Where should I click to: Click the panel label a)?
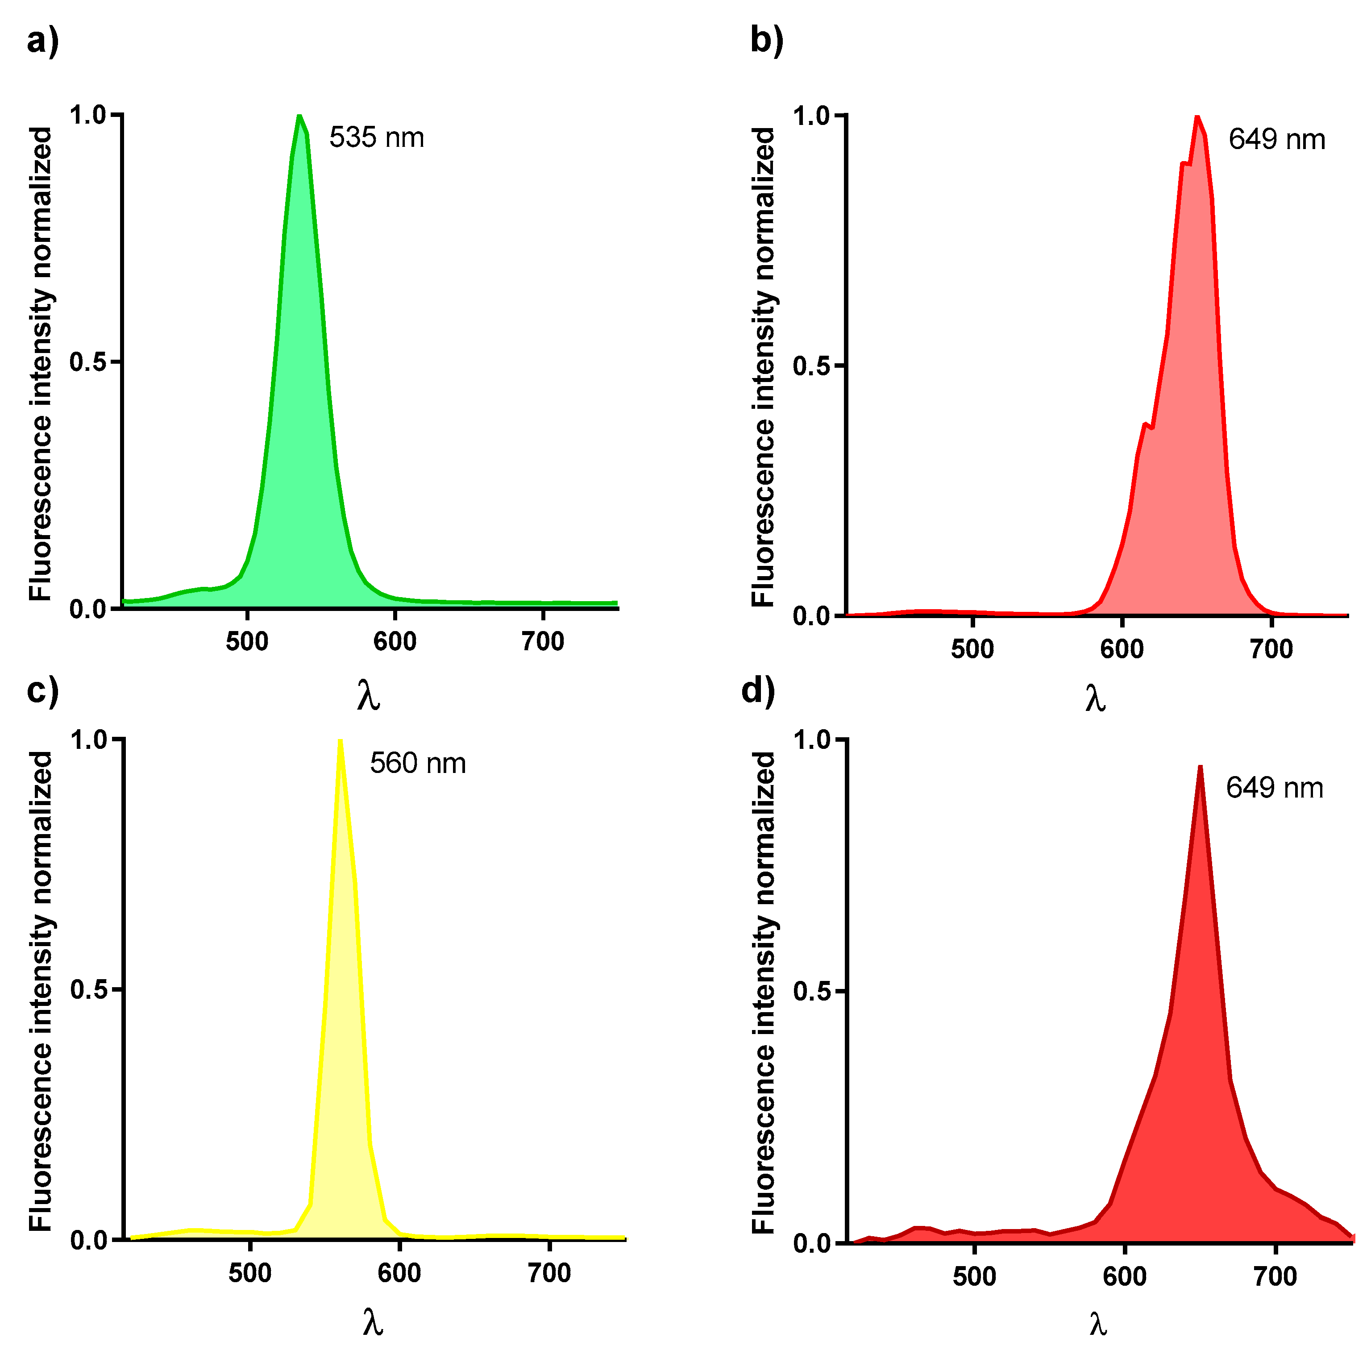coord(42,41)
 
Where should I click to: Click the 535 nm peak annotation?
coord(376,137)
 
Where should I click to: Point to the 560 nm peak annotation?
coord(418,764)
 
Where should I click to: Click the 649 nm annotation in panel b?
coord(1276,140)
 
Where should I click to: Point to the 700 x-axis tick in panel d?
coord(1275,1276)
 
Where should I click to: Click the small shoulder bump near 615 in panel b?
coord(1146,425)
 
